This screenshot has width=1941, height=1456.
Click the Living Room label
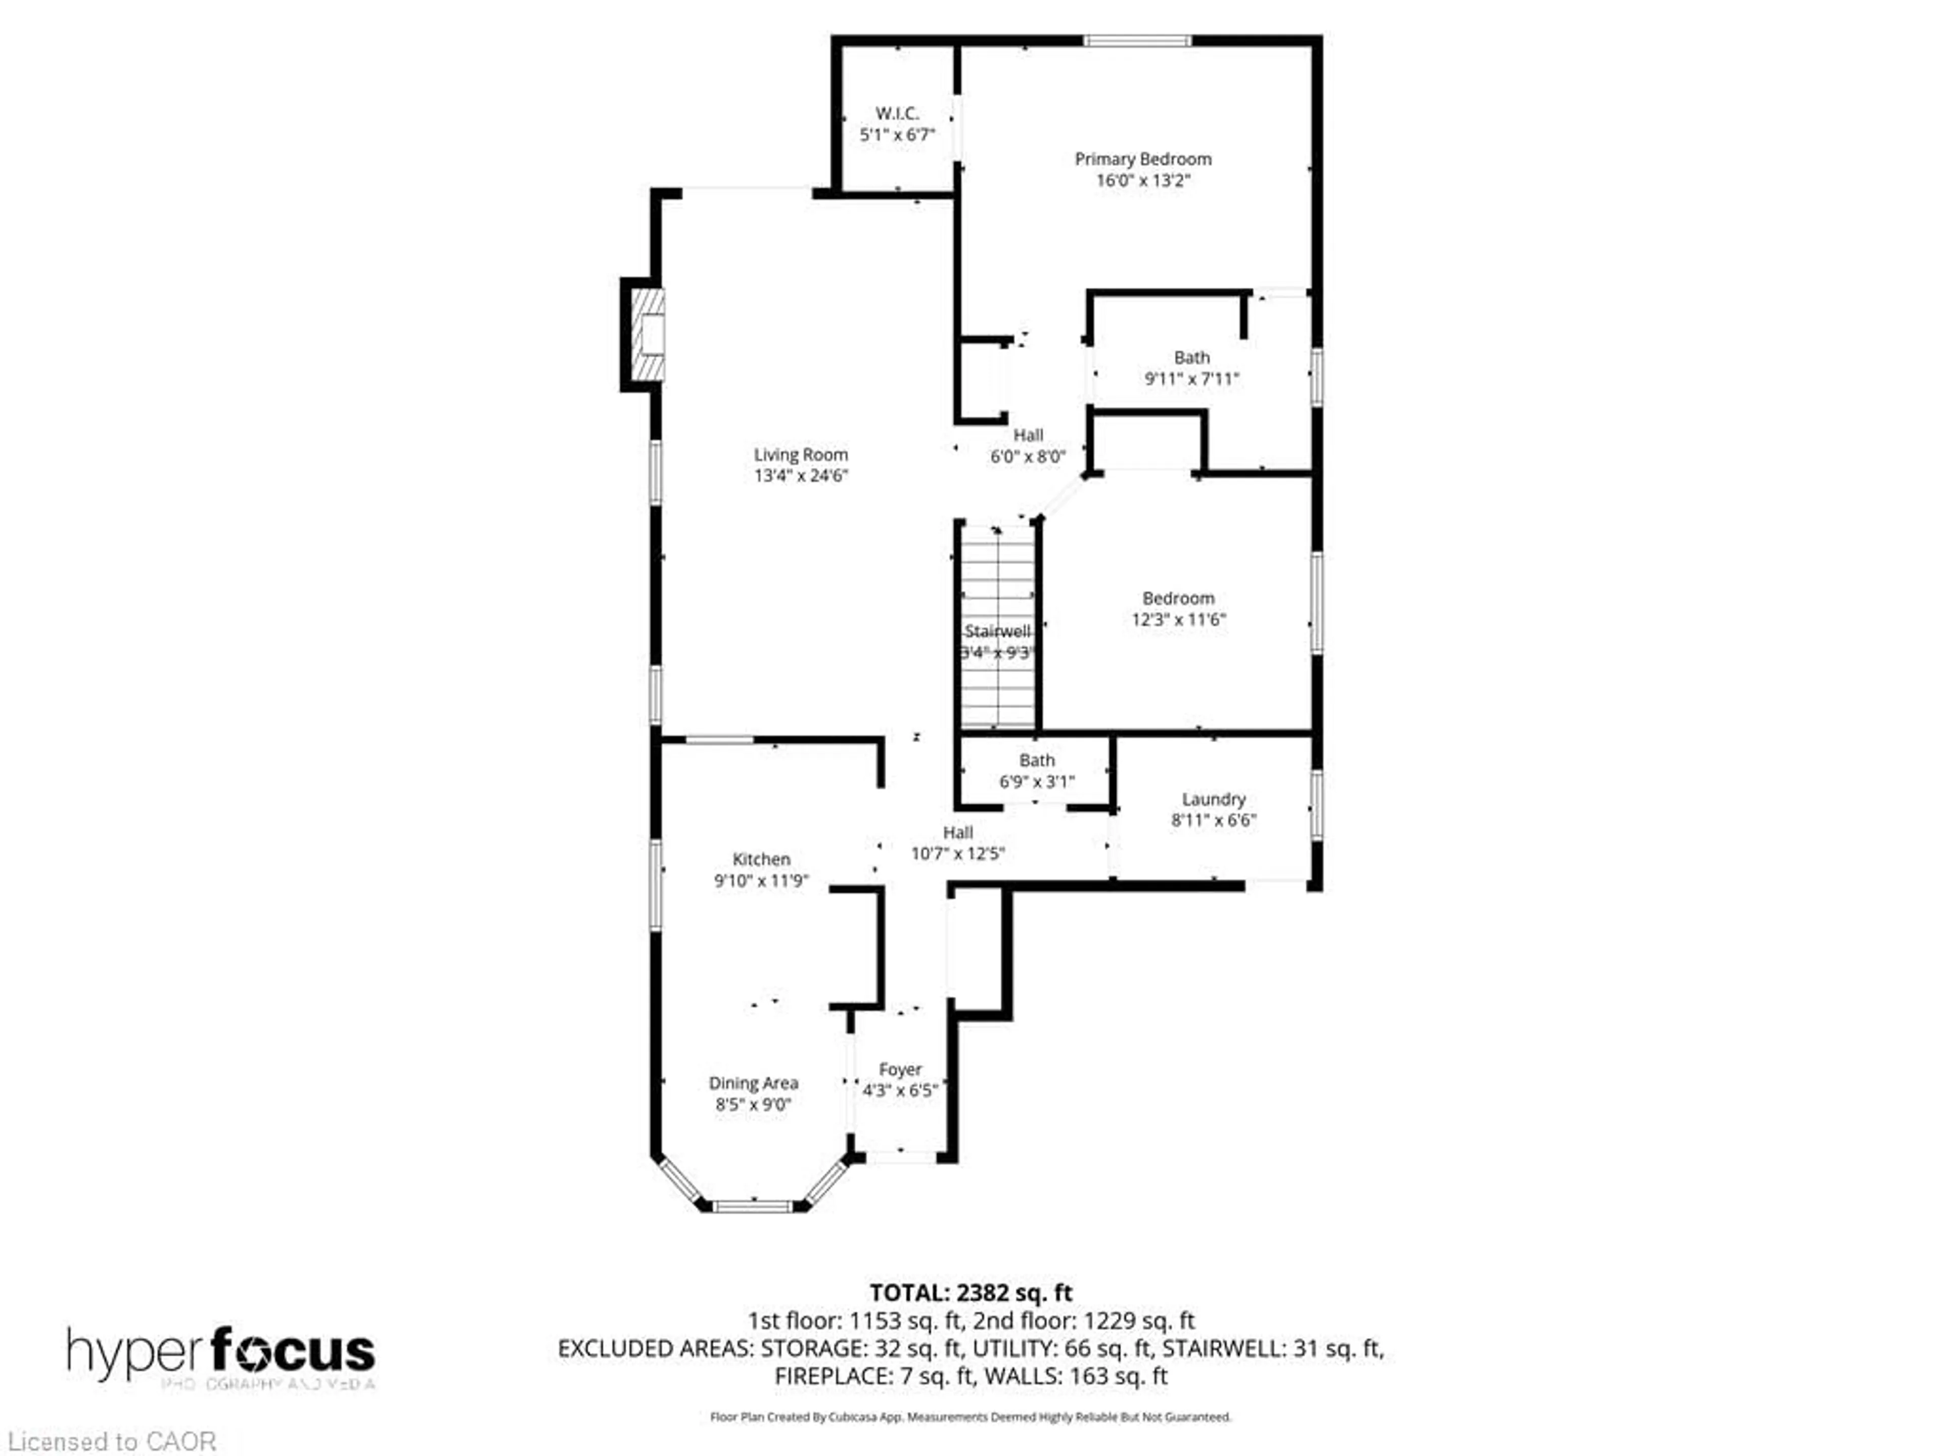click(x=800, y=454)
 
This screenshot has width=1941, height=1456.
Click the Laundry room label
click(x=1214, y=799)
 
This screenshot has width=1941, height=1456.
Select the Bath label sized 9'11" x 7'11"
click(x=1191, y=358)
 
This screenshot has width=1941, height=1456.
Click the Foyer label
click(x=900, y=1070)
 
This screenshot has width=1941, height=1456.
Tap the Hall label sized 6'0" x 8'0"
click(x=1028, y=435)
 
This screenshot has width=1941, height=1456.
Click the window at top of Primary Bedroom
click(x=1137, y=40)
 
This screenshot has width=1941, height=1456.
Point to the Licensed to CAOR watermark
click(x=111, y=1441)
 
